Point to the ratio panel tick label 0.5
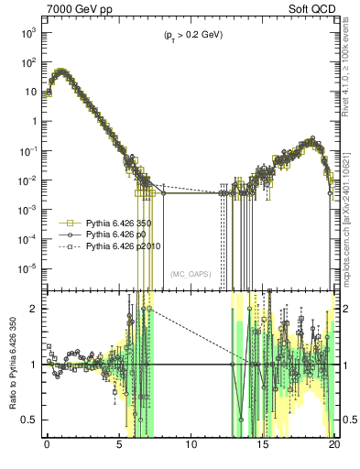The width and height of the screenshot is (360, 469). (x=30, y=420)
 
